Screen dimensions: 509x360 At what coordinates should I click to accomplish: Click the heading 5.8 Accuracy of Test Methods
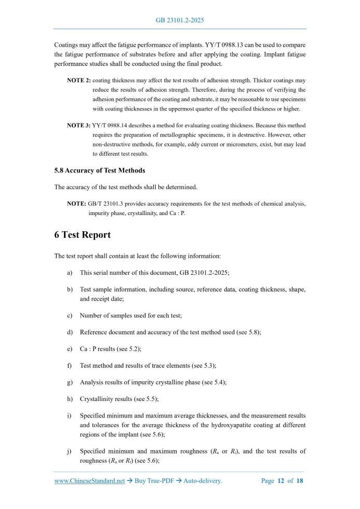100,170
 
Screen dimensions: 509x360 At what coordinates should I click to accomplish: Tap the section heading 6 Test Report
83,235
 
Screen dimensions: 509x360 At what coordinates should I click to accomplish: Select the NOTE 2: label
78,81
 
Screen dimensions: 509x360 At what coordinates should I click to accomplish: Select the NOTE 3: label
78,126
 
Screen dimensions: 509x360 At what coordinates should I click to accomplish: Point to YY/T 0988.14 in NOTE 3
111,126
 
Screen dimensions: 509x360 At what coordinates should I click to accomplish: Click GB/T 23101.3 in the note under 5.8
108,204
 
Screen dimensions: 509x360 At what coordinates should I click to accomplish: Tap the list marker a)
70,272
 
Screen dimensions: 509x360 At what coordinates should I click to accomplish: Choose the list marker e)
70,349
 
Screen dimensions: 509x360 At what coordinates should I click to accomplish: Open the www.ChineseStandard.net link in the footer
89,481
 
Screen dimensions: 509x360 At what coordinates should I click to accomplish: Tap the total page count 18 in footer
300,481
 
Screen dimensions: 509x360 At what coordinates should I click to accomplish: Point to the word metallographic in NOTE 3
176,135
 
